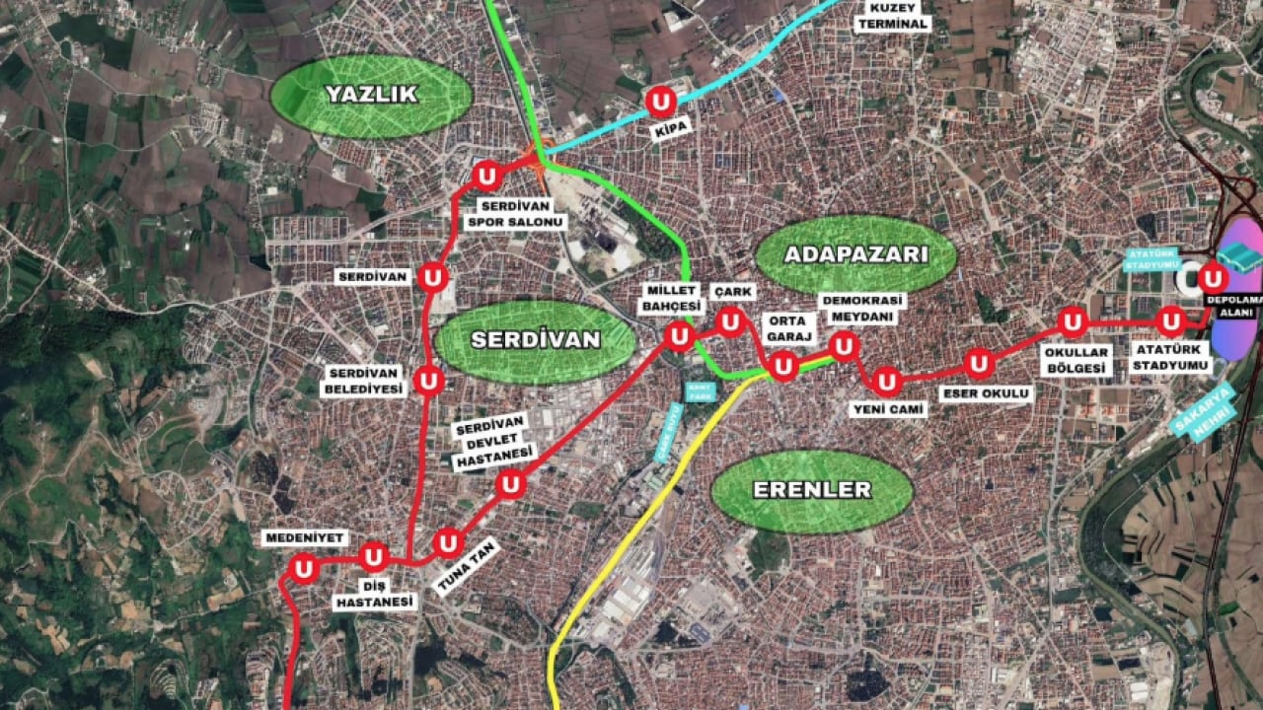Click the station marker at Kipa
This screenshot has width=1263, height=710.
point(660,102)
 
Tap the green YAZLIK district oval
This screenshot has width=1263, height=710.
point(371,96)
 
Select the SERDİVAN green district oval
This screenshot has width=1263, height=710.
point(536,340)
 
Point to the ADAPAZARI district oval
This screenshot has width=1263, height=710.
point(855,254)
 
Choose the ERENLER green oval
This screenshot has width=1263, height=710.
point(812,490)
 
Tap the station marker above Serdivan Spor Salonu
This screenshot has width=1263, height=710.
point(485,177)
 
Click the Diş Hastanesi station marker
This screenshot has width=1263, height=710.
point(374,558)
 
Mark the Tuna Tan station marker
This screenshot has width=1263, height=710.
point(448,543)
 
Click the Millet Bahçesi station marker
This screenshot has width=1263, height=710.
point(679,337)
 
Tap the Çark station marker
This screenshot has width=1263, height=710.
point(730,321)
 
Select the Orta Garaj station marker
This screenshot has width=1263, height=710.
point(782,366)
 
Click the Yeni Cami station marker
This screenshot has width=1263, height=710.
point(887,381)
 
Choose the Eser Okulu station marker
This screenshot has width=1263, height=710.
point(978,364)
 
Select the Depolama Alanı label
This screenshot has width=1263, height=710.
point(1236,306)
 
